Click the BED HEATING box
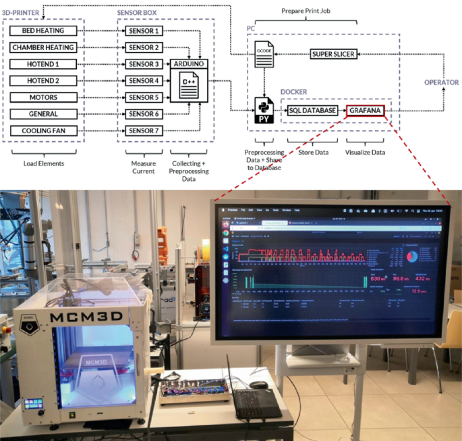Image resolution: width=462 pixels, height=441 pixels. point(43,31)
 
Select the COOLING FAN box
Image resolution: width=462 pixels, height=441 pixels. point(43,130)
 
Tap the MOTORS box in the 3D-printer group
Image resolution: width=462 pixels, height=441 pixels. point(43,97)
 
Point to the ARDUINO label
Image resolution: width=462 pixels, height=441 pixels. point(189,64)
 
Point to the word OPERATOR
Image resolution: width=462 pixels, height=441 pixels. point(441,82)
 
